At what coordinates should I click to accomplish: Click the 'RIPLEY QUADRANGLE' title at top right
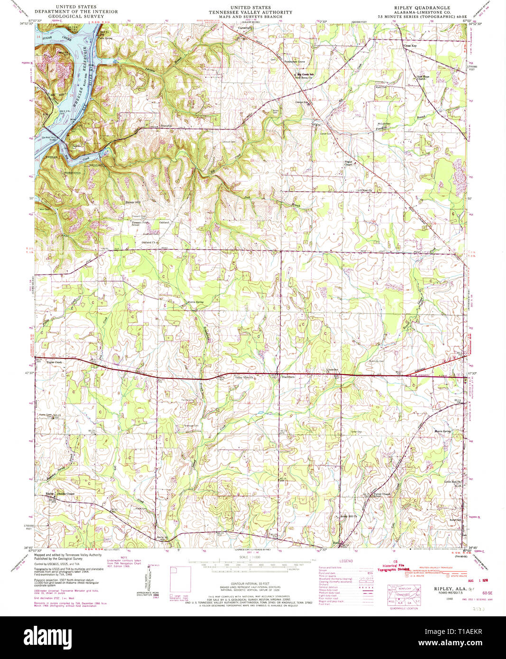click(x=423, y=8)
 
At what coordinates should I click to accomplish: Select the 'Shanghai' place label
click(x=153, y=126)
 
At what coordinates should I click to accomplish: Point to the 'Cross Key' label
click(x=410, y=46)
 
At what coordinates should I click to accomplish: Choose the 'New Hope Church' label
click(x=423, y=78)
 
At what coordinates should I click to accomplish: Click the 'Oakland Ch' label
click(x=148, y=242)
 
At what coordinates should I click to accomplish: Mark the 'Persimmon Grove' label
click(x=294, y=62)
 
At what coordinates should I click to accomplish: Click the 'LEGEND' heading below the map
click(x=346, y=561)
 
